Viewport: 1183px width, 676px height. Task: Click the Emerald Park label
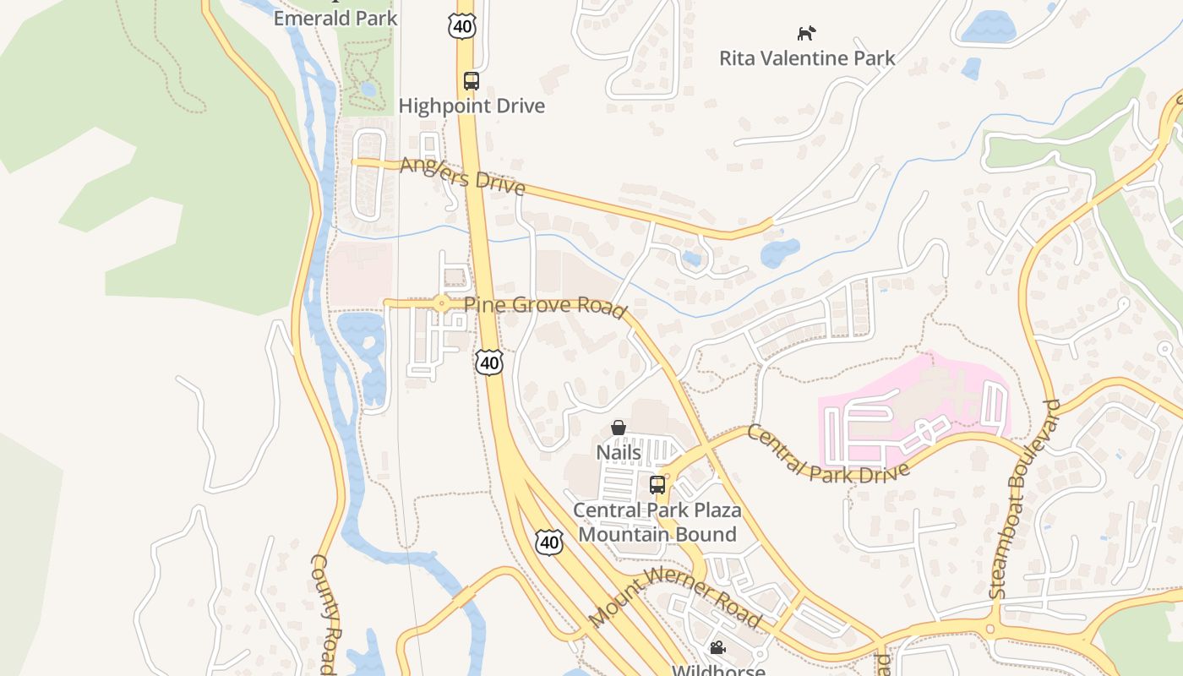click(x=335, y=17)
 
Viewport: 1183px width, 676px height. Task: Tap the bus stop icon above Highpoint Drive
click(x=472, y=81)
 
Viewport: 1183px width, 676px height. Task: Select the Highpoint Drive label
click(x=472, y=106)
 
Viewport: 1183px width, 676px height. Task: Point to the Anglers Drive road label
click(x=462, y=175)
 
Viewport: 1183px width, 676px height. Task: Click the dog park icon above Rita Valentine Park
click(x=807, y=34)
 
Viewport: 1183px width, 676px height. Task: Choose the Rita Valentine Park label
click(x=807, y=58)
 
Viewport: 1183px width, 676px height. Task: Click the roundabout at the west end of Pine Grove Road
click(x=440, y=303)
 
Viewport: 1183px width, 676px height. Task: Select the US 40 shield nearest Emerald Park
click(x=462, y=25)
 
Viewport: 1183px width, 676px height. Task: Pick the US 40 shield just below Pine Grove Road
click(x=488, y=363)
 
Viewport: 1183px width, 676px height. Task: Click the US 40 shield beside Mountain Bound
click(x=549, y=542)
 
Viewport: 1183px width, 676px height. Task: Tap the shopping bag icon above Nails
click(x=619, y=428)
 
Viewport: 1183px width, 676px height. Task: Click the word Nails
click(x=619, y=453)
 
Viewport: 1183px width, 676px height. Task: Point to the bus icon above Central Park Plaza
click(x=657, y=485)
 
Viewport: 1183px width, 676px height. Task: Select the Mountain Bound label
click(x=657, y=534)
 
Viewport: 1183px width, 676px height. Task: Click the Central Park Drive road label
click(x=827, y=456)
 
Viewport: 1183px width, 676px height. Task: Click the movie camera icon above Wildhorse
click(x=717, y=648)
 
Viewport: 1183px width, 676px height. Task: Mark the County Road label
click(x=325, y=613)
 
